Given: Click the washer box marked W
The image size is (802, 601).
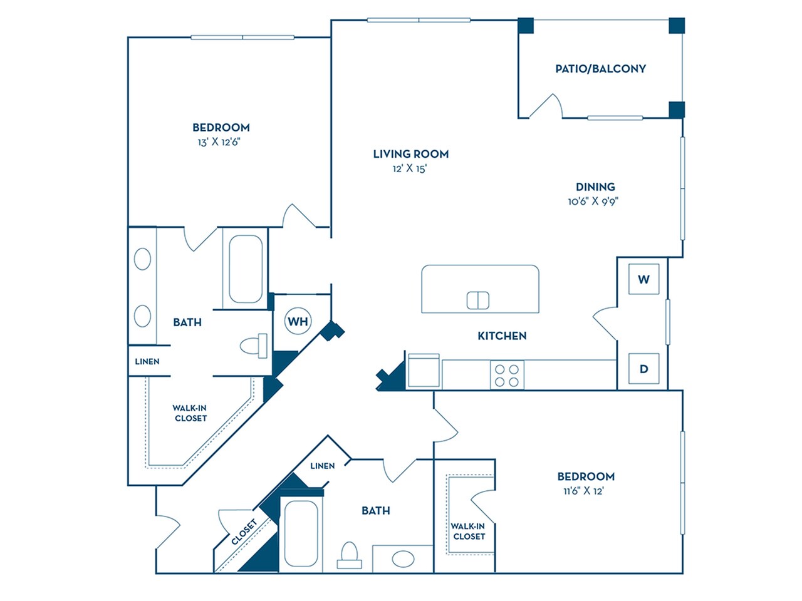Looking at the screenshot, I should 643,279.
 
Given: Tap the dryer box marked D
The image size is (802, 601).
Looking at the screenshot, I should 643,369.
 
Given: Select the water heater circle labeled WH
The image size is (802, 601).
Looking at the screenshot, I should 298,322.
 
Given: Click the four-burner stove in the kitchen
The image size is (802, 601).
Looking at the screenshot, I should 507,375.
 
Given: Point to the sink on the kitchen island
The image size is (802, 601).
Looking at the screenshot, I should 477,300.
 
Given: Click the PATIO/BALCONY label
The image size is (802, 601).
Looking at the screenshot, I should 600,69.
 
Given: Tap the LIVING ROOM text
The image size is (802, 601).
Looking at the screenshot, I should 410,154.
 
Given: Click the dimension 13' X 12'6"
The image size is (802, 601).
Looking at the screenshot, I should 219,142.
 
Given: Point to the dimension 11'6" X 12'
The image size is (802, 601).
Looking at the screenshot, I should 583,491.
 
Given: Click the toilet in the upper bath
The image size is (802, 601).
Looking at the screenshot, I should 254,346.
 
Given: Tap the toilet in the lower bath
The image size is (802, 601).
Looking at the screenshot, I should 349,555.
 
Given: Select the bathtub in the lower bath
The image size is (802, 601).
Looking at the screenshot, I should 301,533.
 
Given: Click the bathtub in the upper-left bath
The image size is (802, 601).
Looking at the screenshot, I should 245,269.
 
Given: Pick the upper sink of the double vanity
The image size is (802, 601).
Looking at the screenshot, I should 142,259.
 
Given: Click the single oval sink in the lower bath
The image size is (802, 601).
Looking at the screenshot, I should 402,558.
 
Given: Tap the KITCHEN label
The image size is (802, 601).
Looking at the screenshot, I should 502,336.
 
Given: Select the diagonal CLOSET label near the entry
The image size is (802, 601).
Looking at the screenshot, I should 244,533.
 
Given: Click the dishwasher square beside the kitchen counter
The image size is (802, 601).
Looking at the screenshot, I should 424,371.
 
